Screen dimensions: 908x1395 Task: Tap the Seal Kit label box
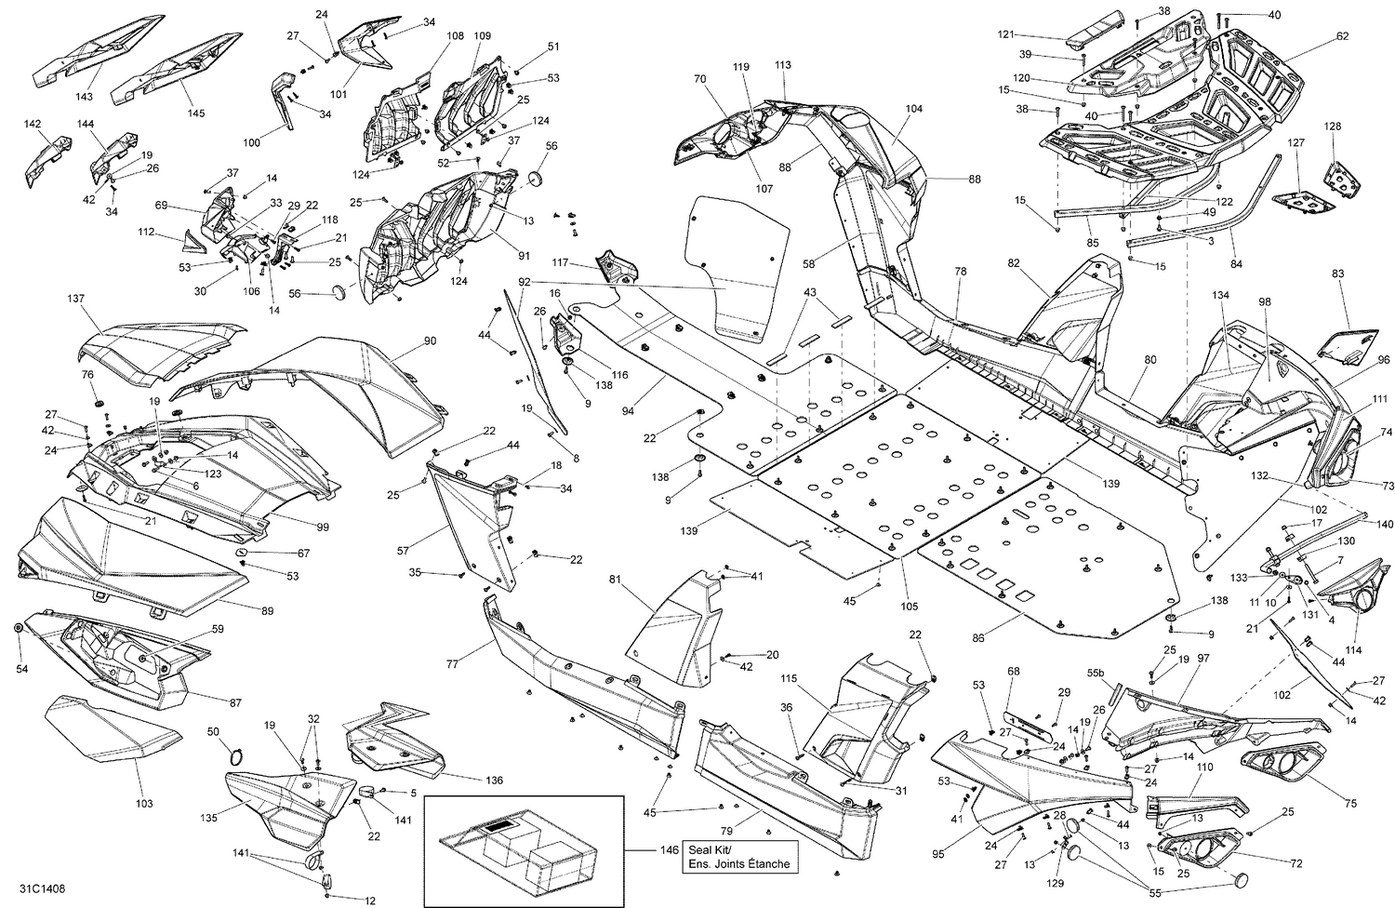click(x=738, y=857)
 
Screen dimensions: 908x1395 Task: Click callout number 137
click(x=75, y=299)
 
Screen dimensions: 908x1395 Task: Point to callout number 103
click(x=144, y=803)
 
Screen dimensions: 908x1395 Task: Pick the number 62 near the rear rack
click(x=1342, y=36)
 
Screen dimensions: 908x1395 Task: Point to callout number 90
click(x=429, y=341)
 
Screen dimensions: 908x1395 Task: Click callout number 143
click(x=85, y=97)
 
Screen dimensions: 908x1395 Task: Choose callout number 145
click(x=195, y=113)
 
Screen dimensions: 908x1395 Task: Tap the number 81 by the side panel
click(x=615, y=579)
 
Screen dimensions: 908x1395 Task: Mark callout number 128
click(x=1333, y=126)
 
